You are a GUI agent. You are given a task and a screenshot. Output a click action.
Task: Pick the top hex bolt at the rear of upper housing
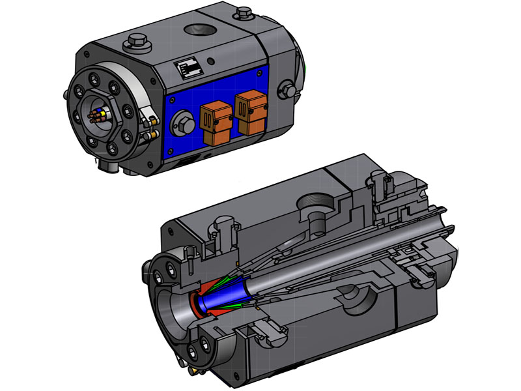[244, 11]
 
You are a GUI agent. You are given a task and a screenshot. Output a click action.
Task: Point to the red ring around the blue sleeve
[197, 304]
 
